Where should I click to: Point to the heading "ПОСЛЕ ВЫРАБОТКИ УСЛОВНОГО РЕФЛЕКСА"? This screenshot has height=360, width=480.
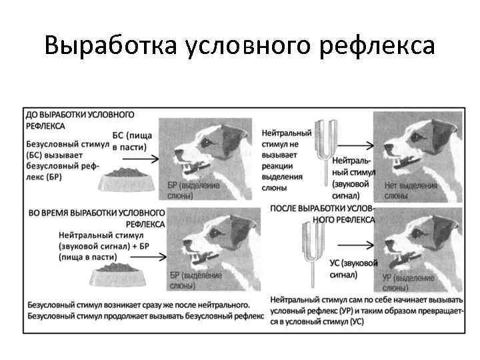click(323, 213)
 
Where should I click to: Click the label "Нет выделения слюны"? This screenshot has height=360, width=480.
click(410, 191)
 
